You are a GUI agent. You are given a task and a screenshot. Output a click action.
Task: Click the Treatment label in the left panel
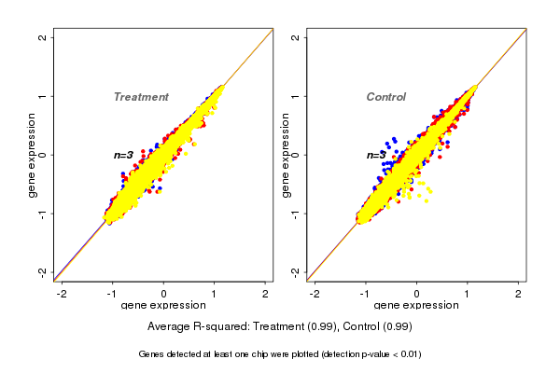[141, 97]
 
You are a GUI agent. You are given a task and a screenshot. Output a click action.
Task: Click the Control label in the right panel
[385, 97]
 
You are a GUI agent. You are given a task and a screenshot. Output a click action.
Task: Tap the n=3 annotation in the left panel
[123, 155]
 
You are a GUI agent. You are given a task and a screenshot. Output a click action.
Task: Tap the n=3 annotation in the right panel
[375, 155]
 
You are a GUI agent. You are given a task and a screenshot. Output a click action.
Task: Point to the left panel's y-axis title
[34, 155]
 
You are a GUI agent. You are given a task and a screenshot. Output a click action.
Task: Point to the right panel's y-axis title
[287, 155]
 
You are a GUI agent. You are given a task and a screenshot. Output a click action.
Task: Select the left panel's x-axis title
[163, 307]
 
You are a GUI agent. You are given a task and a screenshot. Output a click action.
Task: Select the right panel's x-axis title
[416, 307]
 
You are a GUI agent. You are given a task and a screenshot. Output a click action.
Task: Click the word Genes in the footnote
[152, 354]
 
